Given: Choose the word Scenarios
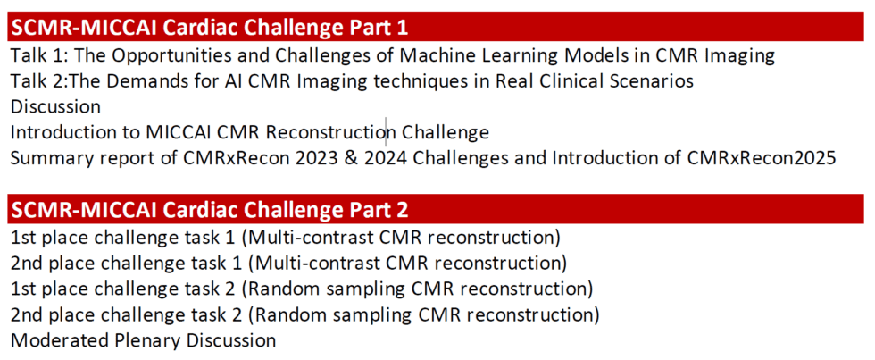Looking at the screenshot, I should [x=653, y=81].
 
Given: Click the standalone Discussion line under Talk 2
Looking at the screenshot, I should [x=55, y=107].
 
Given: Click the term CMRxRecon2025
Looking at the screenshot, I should [x=762, y=159].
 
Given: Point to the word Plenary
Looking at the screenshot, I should [x=144, y=340].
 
